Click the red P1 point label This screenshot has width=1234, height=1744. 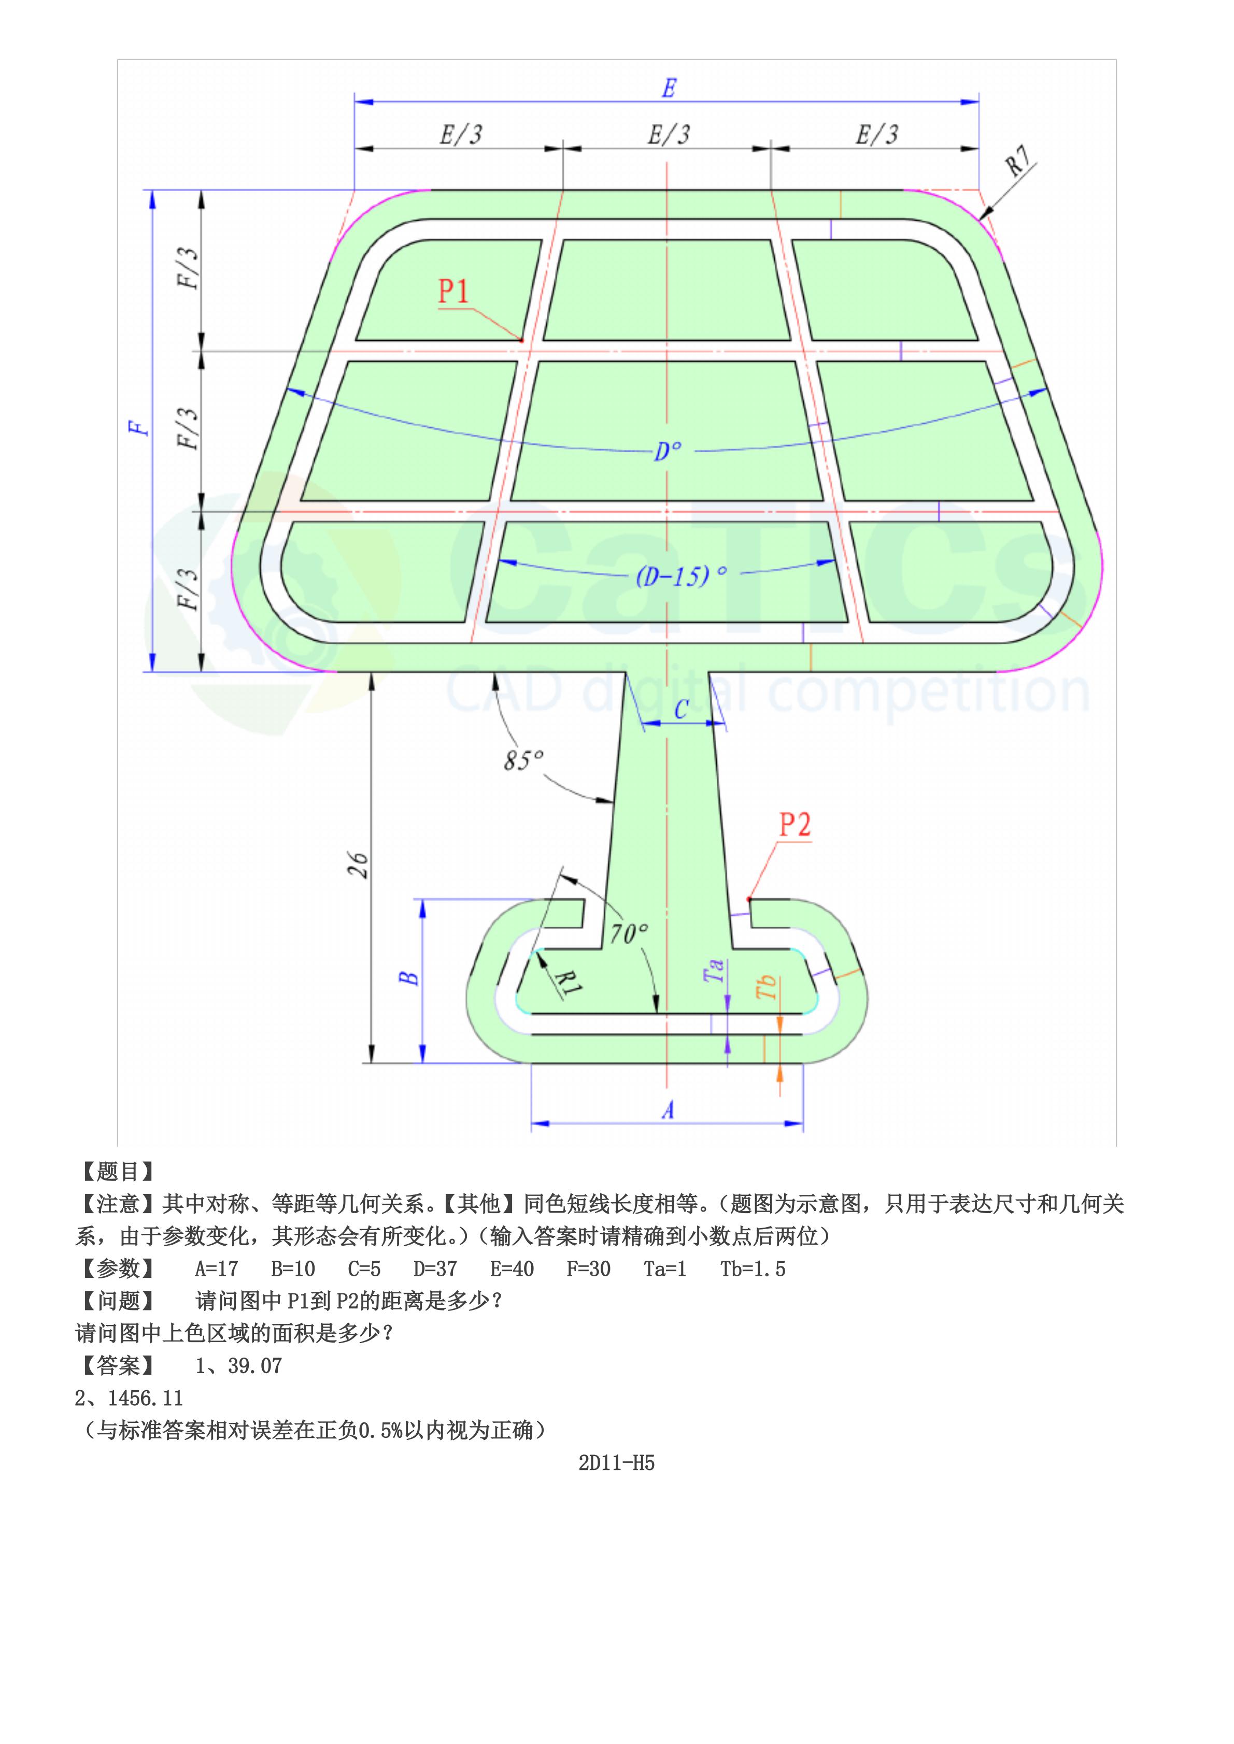point(453,291)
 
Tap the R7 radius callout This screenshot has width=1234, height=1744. point(1017,161)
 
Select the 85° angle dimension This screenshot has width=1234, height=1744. point(523,759)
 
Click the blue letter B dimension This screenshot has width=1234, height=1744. point(409,977)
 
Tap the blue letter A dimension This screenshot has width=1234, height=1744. point(667,1111)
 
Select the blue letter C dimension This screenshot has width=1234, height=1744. point(681,710)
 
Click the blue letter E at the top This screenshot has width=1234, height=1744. point(668,89)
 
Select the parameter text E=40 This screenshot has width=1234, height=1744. point(512,1269)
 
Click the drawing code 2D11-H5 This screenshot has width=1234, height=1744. point(616,1463)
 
